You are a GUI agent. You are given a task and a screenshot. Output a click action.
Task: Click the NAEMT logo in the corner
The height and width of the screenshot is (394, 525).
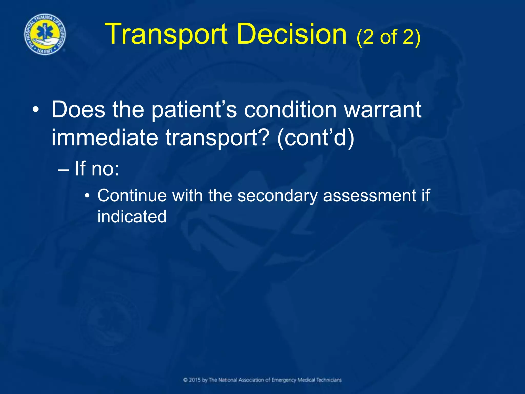[x=45, y=34]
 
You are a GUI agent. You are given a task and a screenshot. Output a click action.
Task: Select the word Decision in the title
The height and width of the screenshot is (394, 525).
[x=292, y=34]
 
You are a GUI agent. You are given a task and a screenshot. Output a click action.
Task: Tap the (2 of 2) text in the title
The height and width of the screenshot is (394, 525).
[x=388, y=37]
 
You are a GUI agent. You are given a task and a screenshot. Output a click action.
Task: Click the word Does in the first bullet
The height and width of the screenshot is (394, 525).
[x=78, y=110]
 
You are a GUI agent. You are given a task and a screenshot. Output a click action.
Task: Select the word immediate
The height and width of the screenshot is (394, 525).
[x=105, y=138]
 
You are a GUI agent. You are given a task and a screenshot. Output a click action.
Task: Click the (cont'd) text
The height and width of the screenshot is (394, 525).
[x=316, y=138]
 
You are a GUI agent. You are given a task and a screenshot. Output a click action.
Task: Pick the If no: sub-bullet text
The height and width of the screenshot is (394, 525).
[x=97, y=169]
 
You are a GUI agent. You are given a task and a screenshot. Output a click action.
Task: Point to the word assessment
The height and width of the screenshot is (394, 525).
[x=369, y=196]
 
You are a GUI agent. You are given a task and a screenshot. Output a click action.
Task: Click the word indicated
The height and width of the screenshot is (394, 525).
[x=132, y=216]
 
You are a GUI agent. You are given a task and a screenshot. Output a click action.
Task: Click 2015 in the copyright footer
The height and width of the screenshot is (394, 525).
[x=195, y=380]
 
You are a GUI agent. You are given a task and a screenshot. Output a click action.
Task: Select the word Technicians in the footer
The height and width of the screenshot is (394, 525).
[x=329, y=380]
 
